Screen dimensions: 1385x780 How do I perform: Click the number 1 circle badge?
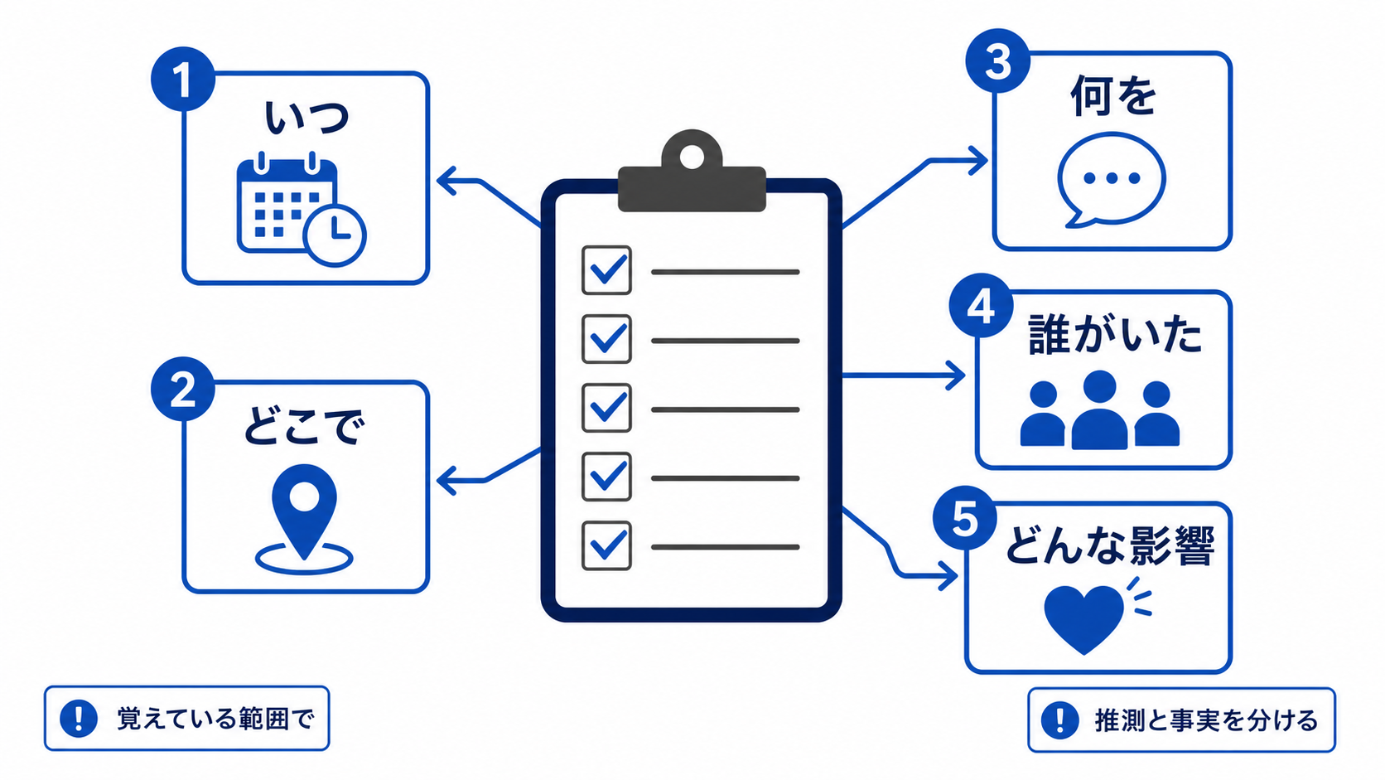coord(183,80)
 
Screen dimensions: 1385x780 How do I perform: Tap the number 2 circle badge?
coord(183,389)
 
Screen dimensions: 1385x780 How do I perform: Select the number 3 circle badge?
coord(998,61)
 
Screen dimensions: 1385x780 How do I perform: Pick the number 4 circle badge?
coord(982,306)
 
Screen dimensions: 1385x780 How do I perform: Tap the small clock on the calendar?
coord(335,235)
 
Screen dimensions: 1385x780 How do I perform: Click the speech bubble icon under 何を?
coord(1112,180)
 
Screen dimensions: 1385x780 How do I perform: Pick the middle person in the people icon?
coord(1099,409)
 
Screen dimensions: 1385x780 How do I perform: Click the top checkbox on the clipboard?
coord(606,270)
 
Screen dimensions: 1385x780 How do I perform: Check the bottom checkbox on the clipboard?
coord(606,545)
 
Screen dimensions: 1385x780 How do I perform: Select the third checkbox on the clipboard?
coord(606,409)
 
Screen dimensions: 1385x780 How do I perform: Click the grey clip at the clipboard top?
coord(692,171)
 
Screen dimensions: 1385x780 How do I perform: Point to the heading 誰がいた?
coord(1116,334)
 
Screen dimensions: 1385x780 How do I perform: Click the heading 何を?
coord(1113,96)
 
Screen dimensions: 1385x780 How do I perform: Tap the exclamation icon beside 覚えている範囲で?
coord(79,719)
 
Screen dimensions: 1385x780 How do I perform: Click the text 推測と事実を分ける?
coord(1206,720)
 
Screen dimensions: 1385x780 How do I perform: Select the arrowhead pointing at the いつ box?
coord(446,182)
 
